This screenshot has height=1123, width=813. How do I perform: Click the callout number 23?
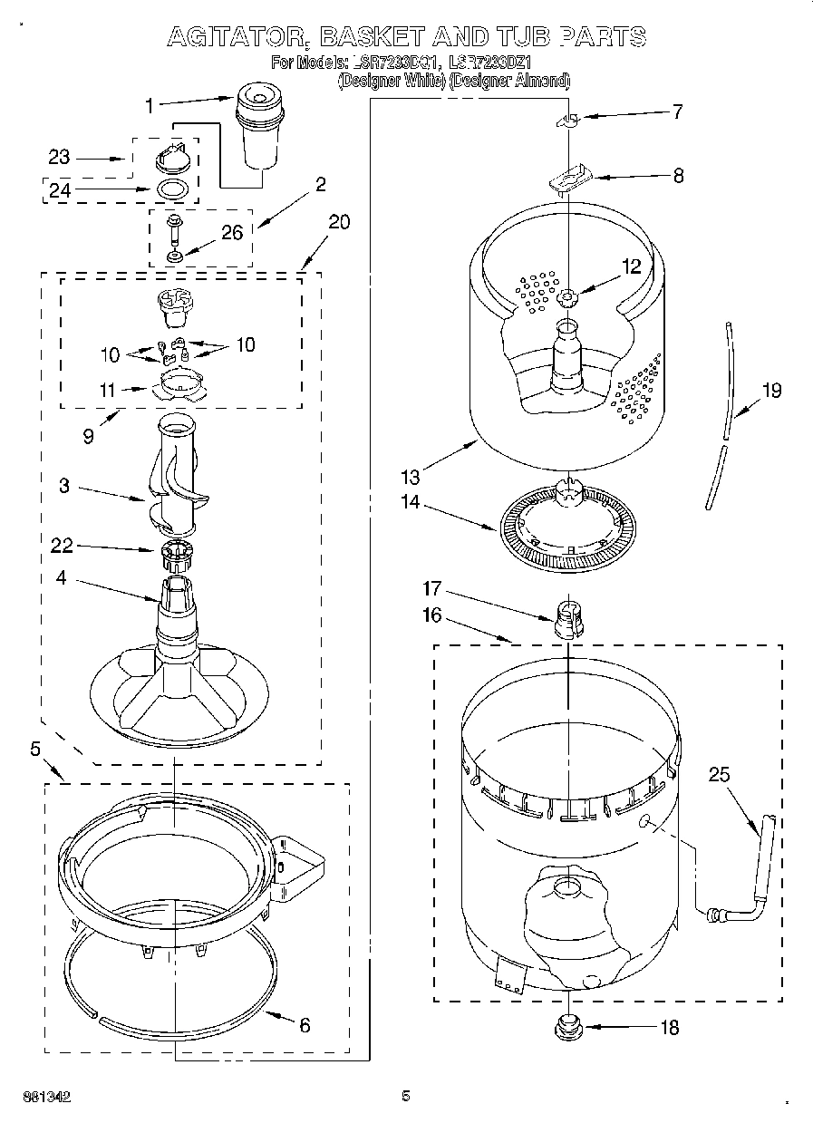59,157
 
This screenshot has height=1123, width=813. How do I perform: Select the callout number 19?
771,391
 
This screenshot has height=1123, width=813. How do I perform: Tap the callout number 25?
719,774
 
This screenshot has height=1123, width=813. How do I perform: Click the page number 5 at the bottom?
406,1096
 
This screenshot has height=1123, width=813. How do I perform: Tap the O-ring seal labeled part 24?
173,190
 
